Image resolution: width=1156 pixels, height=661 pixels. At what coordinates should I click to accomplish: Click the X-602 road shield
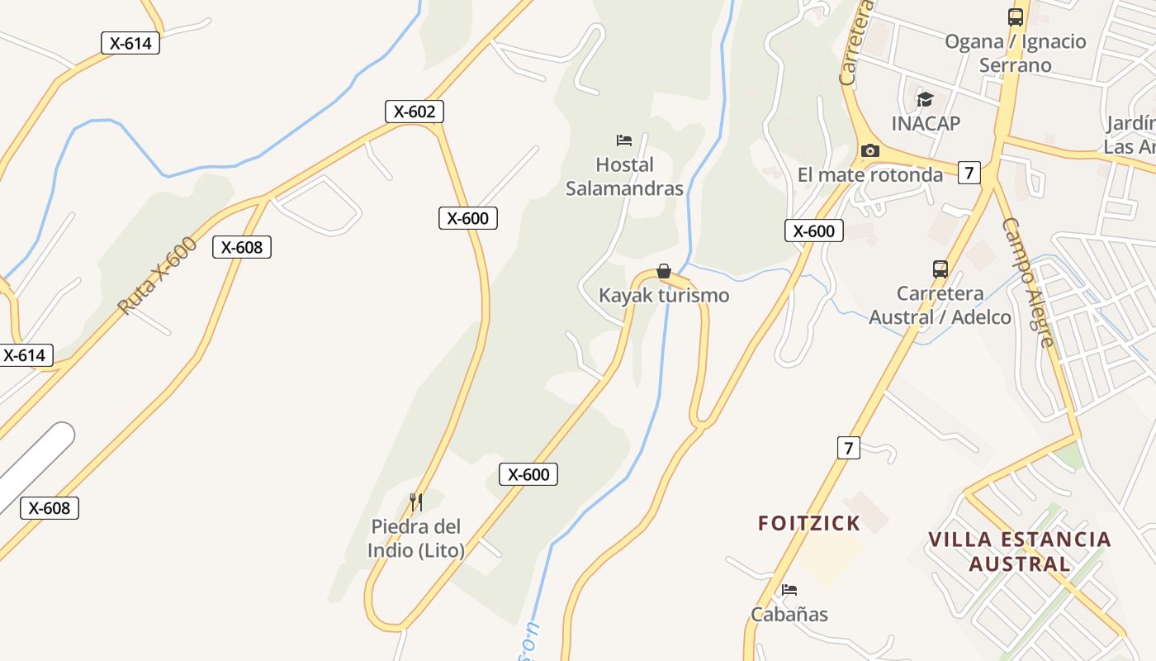[x=415, y=112]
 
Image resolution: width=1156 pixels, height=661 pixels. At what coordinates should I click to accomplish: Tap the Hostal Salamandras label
[x=624, y=177]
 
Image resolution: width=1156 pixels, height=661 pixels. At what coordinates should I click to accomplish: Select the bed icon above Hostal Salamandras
[x=624, y=140]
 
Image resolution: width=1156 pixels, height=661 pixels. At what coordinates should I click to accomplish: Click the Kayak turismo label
[x=664, y=296]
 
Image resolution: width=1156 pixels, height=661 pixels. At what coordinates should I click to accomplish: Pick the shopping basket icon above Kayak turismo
[x=663, y=271]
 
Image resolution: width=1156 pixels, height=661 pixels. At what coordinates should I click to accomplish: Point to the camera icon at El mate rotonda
[x=869, y=150]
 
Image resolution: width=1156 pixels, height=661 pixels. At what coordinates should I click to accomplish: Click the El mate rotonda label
[x=870, y=175]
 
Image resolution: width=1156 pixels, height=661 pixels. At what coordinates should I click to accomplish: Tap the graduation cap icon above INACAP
[x=925, y=100]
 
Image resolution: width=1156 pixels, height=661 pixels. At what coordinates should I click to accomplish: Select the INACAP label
[x=926, y=124]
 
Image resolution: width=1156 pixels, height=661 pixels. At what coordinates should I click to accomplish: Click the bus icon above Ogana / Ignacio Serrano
[x=1016, y=17]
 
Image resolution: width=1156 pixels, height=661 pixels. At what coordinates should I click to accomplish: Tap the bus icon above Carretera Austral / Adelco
[x=940, y=269]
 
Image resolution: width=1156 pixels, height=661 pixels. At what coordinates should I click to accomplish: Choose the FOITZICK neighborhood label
[x=809, y=523]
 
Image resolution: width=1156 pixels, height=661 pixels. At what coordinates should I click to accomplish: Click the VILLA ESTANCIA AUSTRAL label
[x=1020, y=552]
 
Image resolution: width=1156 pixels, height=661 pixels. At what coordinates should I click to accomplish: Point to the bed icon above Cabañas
[x=789, y=590]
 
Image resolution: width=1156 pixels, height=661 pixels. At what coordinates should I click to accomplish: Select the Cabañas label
[x=789, y=615]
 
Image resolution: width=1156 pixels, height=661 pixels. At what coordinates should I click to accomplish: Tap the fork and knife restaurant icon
[x=416, y=502]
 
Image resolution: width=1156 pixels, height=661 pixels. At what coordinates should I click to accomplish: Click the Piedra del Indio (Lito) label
[x=416, y=539]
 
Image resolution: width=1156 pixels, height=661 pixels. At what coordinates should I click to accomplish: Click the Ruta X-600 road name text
[x=158, y=275]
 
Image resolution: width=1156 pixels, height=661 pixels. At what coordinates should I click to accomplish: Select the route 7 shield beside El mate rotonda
[x=969, y=173]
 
